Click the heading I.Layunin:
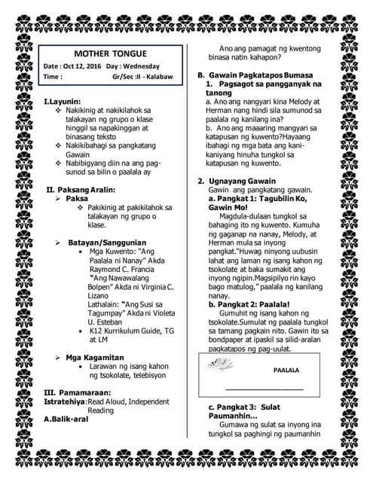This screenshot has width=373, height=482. [62, 101]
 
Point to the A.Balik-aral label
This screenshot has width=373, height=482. [66, 419]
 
